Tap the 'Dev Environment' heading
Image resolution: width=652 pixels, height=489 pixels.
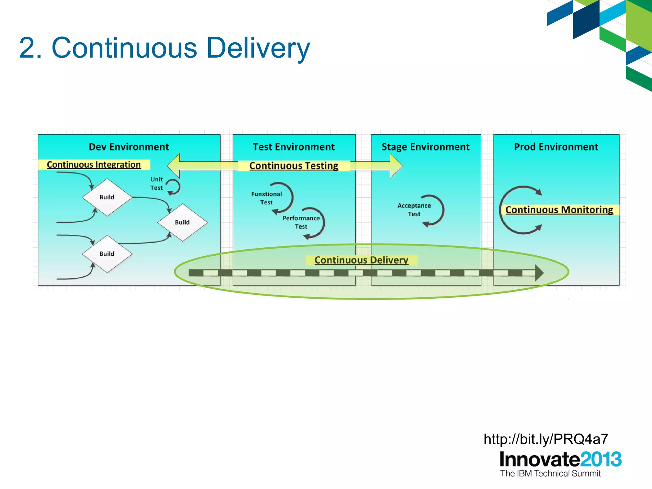coord(129,147)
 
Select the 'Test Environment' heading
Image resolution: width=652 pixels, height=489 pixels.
coord(294,147)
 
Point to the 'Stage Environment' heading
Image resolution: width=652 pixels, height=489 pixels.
coord(425,147)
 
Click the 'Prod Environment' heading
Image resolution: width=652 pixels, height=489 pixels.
coord(556,147)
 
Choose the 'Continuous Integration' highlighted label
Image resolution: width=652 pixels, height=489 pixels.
coord(94,165)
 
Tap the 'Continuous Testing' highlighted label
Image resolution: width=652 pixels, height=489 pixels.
coord(294,166)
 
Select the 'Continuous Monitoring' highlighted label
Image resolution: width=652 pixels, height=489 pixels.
coord(559,209)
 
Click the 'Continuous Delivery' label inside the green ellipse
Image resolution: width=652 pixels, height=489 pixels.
coord(361,260)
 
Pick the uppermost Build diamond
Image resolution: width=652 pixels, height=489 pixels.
coord(107,197)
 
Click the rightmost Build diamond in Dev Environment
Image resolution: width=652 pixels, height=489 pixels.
coord(182,222)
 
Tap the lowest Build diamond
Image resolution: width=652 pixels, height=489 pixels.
coord(107,254)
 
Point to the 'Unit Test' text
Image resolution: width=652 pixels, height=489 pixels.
coord(156,184)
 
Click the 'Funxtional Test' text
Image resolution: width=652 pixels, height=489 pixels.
coord(266,198)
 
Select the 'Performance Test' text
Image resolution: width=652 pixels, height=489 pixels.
coord(301,222)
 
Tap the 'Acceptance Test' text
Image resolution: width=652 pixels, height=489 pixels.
coord(414,210)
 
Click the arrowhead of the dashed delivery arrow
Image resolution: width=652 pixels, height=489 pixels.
coord(539,273)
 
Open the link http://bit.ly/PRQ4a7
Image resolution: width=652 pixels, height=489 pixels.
coord(546,439)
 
